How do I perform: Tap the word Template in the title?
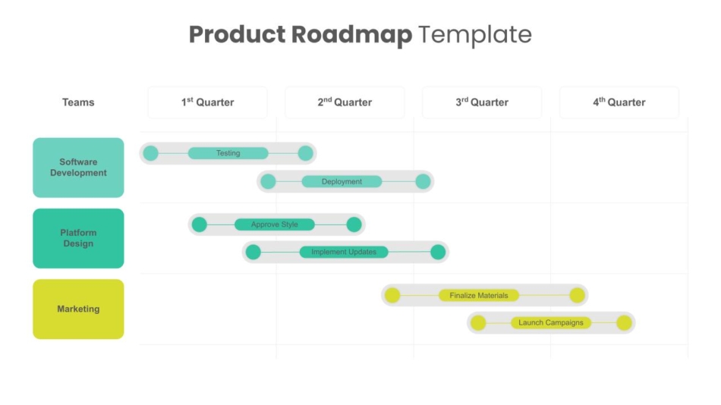(474, 35)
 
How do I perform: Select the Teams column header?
(78, 102)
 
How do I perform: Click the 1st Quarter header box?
(207, 102)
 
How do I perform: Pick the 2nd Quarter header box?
(345, 102)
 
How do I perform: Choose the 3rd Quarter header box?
(482, 102)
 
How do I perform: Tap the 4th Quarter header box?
(619, 102)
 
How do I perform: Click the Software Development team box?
(78, 168)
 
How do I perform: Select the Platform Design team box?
(78, 238)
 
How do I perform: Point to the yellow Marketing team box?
(78, 309)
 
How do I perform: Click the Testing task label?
(228, 153)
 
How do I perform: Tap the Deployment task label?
(342, 181)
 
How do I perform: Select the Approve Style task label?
(275, 224)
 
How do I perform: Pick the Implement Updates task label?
(344, 252)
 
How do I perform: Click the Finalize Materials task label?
(479, 295)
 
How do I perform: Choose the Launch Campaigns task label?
(551, 322)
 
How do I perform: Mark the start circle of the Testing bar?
(151, 153)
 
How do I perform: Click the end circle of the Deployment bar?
(423, 181)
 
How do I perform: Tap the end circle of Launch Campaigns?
(624, 323)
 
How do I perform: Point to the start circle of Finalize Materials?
(392, 295)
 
